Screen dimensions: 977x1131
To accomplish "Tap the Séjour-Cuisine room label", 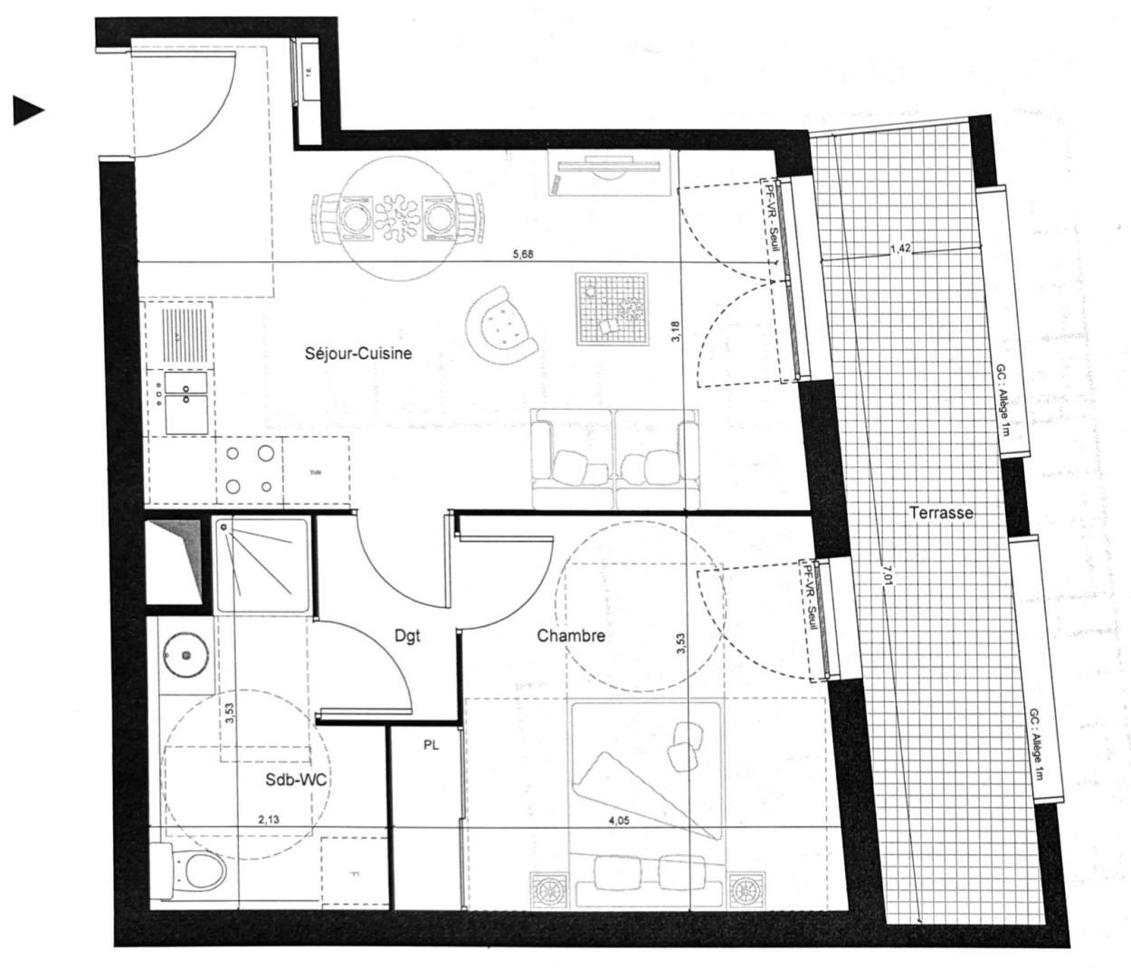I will pyautogui.click(x=358, y=353).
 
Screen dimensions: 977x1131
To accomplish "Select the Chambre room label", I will pyautogui.click(x=571, y=636).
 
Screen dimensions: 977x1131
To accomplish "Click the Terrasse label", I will pyautogui.click(x=941, y=513).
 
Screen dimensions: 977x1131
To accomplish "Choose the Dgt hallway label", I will pyautogui.click(x=407, y=636).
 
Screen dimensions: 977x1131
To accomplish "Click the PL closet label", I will pyautogui.click(x=431, y=746).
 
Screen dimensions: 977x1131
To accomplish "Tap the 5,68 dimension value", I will pyautogui.click(x=523, y=255).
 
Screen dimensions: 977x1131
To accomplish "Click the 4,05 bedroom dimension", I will pyautogui.click(x=618, y=821).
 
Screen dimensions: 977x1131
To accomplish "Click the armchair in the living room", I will pyautogui.click(x=500, y=324).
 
